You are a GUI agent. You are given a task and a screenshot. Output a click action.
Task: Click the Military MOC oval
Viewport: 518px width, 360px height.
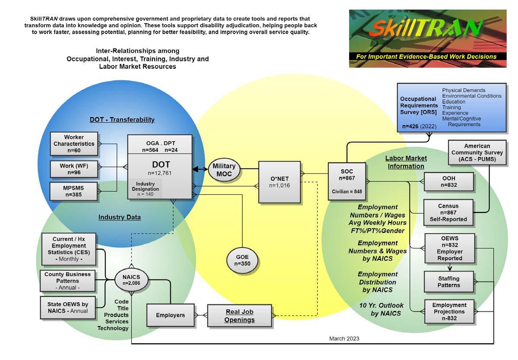[224, 170]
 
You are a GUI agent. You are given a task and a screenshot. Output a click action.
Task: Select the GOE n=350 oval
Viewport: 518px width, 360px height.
[242, 260]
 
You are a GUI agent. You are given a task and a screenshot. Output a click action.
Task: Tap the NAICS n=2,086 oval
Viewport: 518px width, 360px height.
[131, 280]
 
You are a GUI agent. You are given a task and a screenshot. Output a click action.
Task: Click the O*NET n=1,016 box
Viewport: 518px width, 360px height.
[280, 182]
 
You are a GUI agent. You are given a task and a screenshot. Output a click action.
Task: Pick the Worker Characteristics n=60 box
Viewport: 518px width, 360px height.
[74, 144]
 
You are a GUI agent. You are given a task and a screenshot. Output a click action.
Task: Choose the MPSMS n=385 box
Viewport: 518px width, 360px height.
[74, 191]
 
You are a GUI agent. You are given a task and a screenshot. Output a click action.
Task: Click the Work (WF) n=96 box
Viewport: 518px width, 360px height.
[74, 169]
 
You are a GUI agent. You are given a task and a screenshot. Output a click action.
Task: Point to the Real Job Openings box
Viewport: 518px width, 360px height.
[239, 316]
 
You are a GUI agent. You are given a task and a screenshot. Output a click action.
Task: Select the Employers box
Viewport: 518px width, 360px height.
[171, 315]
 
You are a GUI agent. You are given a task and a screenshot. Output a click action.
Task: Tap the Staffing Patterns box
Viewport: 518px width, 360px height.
[448, 282]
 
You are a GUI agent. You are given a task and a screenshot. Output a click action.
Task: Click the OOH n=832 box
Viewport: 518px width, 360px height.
[448, 181]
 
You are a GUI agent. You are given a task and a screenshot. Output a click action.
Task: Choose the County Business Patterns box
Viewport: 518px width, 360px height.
[68, 281]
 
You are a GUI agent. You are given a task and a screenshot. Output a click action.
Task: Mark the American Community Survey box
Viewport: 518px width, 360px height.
[477, 152]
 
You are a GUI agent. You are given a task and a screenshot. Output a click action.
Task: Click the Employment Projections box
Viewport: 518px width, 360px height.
[449, 312]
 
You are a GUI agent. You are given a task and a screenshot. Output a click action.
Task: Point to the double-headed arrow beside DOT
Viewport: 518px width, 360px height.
[200, 169]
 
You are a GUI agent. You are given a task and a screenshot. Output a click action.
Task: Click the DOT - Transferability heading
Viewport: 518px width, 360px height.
[122, 120]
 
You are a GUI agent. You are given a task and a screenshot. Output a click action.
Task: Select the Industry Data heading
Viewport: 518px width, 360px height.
[120, 217]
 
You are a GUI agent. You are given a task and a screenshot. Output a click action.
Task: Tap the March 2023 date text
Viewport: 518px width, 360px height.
[344, 338]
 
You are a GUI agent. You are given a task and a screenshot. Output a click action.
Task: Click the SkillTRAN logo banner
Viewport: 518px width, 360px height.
[427, 38]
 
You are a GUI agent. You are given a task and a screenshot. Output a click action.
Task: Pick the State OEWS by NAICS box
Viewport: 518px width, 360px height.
[68, 307]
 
